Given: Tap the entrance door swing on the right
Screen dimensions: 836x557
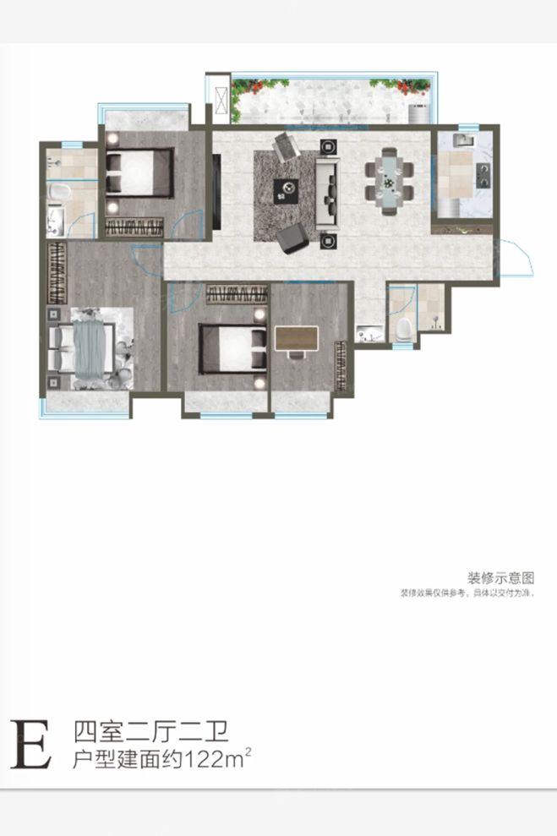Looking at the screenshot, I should coord(517,258).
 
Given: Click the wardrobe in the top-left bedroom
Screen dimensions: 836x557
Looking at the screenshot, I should coord(134,226).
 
